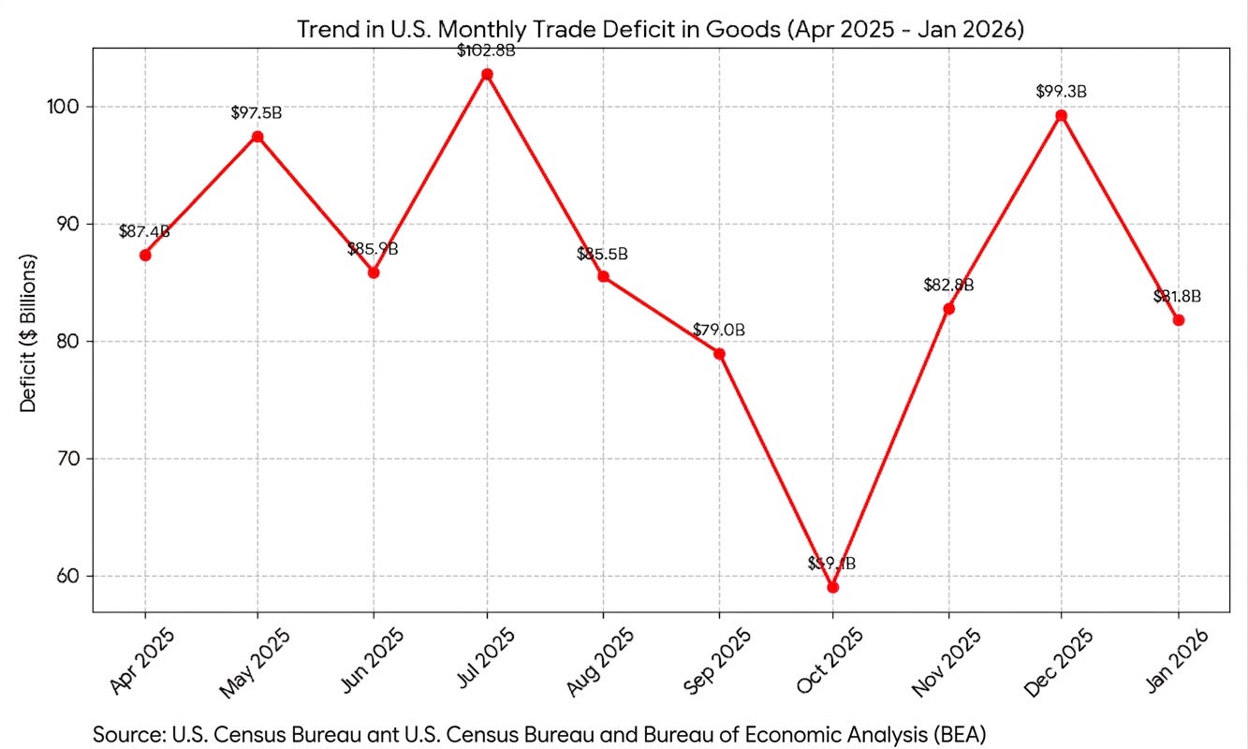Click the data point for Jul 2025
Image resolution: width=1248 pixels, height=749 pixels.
487,74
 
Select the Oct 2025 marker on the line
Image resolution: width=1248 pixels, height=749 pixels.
832,587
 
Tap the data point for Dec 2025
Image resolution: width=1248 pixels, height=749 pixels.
1061,115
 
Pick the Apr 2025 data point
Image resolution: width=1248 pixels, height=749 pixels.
145,255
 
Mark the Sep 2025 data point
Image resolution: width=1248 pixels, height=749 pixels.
719,353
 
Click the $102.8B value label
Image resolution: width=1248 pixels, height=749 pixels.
487,51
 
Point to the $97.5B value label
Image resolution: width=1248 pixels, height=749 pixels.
257,113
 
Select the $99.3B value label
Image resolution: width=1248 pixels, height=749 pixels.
1061,92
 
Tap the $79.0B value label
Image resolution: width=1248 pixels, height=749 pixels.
719,330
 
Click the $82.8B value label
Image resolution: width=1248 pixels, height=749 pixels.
948,285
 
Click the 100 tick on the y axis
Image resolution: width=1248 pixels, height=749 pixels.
68,107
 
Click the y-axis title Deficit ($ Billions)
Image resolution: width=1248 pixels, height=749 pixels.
28,332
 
